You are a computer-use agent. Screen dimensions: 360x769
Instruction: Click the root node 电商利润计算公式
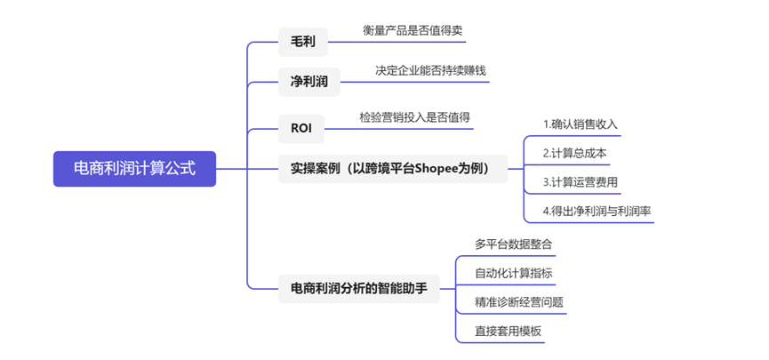tap(134, 169)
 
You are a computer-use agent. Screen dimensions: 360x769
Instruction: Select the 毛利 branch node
tap(303, 42)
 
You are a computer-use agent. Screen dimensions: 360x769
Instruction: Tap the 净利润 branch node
tap(308, 82)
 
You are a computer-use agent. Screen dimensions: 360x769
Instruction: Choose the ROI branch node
tap(301, 128)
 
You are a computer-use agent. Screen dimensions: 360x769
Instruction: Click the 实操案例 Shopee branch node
tap(392, 168)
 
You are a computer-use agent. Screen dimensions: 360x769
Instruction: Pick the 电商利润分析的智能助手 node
tap(359, 288)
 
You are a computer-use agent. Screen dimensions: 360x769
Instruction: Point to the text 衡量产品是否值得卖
tap(413, 30)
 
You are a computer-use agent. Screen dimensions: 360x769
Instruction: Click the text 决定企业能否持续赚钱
tap(430, 70)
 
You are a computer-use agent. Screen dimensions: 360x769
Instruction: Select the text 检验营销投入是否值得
tap(414, 116)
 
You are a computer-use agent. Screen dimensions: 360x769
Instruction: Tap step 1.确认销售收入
tap(580, 124)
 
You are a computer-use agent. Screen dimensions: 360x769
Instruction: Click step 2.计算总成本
tap(574, 153)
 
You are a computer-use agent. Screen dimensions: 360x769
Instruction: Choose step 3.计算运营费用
tap(580, 182)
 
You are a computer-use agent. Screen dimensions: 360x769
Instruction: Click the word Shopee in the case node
tap(441, 168)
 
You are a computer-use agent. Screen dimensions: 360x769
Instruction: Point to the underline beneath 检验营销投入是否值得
tap(414, 128)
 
